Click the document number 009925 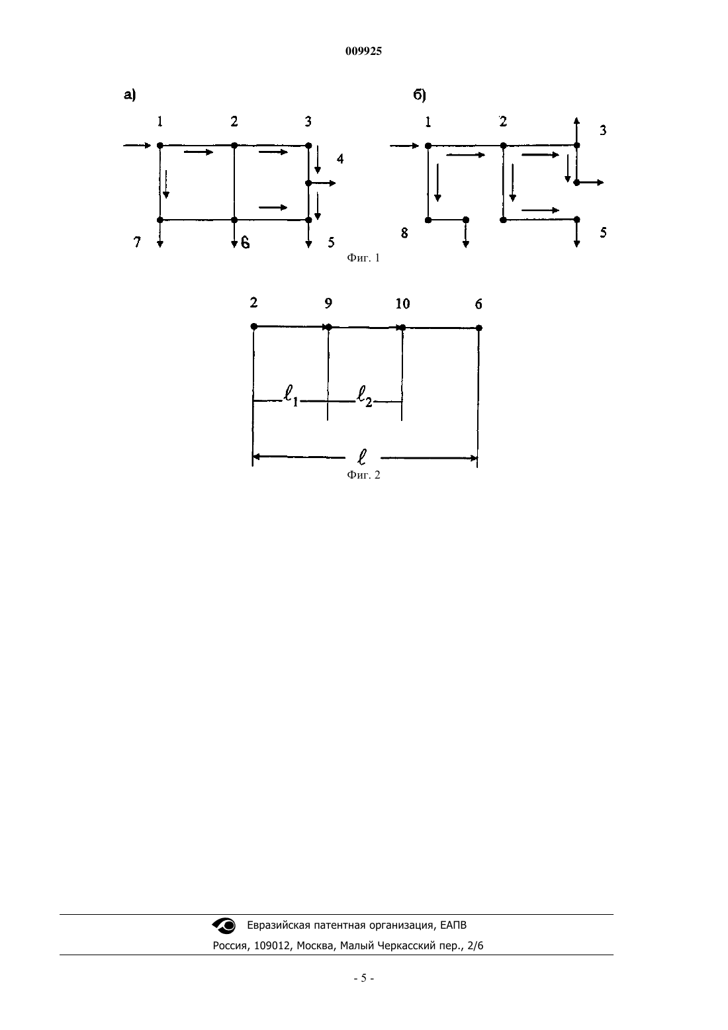coord(363,51)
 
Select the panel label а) coord(130,95)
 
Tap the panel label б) coord(420,95)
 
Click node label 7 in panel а coord(137,242)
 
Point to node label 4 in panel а coord(340,159)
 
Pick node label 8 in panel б coord(404,233)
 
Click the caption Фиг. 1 coord(363,258)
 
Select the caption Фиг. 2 coord(363,475)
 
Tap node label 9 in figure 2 coord(328,303)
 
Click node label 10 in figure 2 coord(402,303)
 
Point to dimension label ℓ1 coord(291,397)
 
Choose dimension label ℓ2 coord(365,397)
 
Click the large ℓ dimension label coord(362,457)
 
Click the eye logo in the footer coord(224,925)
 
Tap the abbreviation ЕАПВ coord(453,925)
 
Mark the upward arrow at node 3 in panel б coord(577,132)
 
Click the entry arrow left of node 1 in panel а coord(137,146)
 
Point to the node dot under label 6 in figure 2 coord(479,328)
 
